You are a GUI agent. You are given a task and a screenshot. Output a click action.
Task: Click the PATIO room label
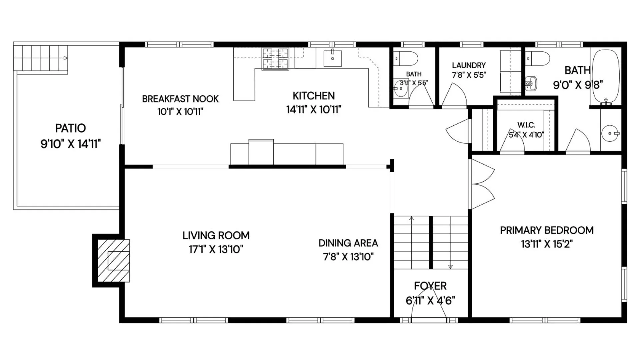(70, 128)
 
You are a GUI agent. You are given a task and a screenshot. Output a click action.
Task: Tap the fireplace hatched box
(113, 260)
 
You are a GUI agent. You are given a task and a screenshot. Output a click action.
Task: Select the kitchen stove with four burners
(275, 59)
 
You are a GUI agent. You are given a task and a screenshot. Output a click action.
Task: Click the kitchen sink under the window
(333, 58)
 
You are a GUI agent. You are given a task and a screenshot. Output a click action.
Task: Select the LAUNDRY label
(469, 65)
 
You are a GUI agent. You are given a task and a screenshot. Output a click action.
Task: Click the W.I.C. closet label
(526, 125)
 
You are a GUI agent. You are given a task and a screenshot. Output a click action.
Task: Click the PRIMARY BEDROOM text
(547, 230)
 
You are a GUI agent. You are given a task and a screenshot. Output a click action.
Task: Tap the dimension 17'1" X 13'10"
(216, 249)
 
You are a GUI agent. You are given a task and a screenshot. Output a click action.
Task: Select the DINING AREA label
(348, 243)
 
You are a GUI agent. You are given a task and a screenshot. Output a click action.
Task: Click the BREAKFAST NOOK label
(180, 99)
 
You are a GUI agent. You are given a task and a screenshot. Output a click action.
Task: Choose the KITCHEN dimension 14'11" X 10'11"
(314, 109)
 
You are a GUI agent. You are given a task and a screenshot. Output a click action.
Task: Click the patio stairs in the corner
(41, 58)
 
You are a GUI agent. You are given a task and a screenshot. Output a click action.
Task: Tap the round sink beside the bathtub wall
(610, 133)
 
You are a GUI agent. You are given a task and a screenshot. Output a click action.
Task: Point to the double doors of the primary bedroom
(483, 184)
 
